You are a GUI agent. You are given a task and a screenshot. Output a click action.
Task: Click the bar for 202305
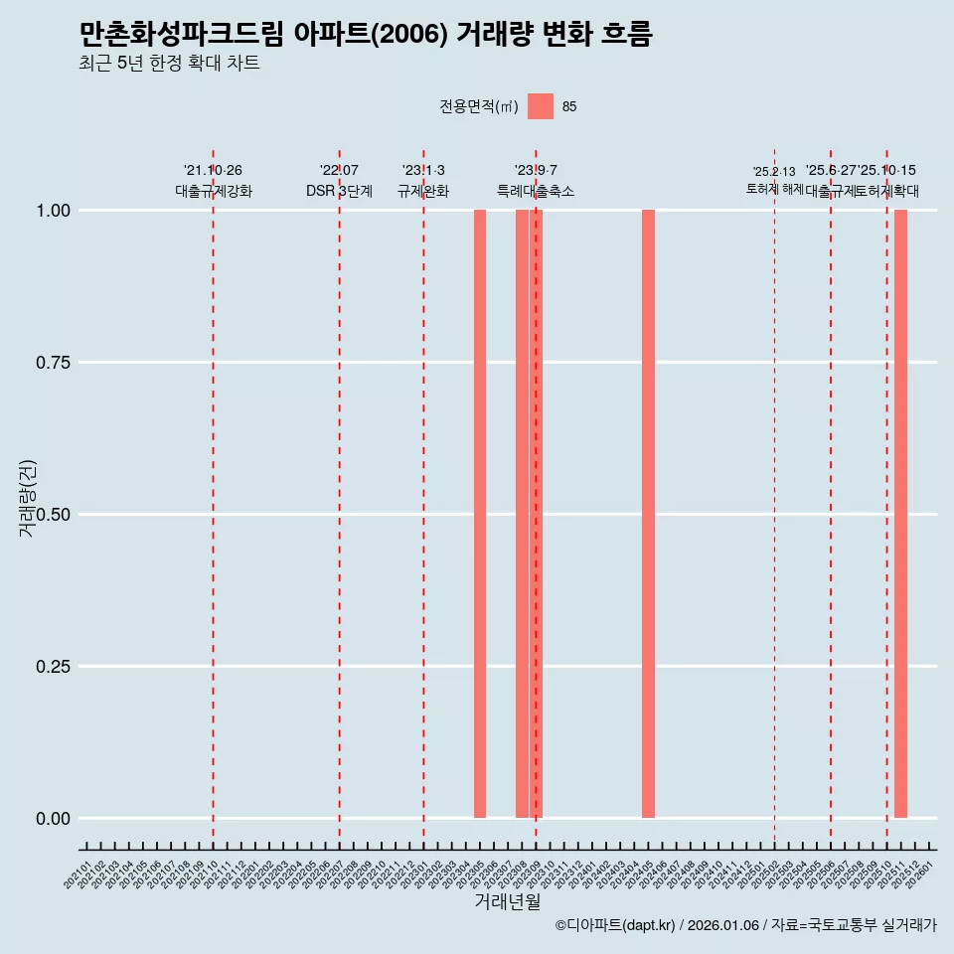click(x=480, y=514)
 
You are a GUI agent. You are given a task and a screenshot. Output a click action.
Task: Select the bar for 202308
click(x=522, y=514)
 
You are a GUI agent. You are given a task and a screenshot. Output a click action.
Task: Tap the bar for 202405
click(x=648, y=514)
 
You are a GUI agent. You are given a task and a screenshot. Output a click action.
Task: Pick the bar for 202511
click(x=900, y=514)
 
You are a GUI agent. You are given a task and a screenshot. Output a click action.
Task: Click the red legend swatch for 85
click(x=540, y=106)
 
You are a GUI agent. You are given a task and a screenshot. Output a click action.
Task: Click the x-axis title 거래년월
click(x=507, y=901)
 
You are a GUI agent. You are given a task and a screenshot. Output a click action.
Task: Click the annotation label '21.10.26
click(x=213, y=171)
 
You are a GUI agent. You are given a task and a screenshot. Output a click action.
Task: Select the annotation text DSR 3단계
click(x=339, y=192)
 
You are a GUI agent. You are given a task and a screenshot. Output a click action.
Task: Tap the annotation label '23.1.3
click(x=423, y=171)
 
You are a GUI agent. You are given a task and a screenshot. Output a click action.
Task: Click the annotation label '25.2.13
click(x=774, y=172)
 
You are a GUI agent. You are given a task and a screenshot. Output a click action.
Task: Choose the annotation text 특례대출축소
click(x=536, y=192)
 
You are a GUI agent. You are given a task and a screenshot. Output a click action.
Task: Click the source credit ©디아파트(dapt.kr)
click(x=615, y=926)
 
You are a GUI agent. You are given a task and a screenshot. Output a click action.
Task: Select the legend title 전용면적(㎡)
click(x=479, y=107)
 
